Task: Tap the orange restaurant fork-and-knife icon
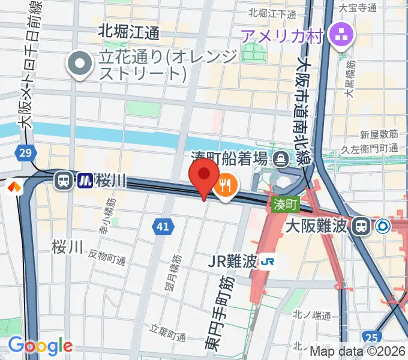point(226,185)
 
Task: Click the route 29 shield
point(25,154)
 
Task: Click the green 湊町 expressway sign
point(285,204)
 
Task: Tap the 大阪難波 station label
point(317,226)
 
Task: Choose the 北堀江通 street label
point(128,32)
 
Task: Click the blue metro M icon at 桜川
point(85,180)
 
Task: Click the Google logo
point(40,346)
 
